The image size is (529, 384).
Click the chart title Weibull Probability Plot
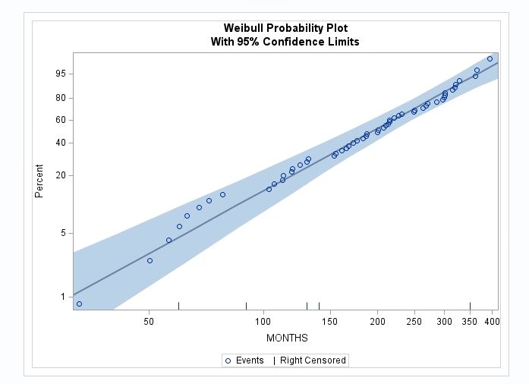tap(285, 28)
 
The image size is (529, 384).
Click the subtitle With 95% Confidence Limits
tap(285, 42)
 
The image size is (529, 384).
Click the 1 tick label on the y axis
tap(64, 297)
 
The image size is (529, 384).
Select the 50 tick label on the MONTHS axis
tap(149, 323)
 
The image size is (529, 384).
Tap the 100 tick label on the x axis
tap(263, 323)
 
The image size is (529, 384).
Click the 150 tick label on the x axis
tap(330, 323)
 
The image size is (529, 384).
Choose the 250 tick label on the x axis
tap(414, 323)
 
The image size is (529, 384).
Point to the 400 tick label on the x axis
tap(492, 323)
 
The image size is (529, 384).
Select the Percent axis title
tap(39, 181)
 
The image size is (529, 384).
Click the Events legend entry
tap(244, 360)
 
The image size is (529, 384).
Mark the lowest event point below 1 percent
tap(79, 304)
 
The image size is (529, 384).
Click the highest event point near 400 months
tap(490, 58)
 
